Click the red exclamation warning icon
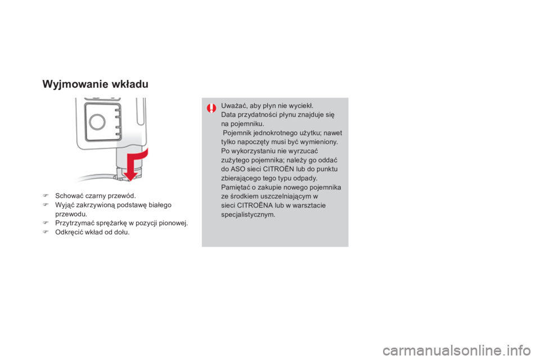click(x=211, y=107)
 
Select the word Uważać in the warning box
click(x=233, y=106)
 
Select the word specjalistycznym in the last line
click(x=248, y=214)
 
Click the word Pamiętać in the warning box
click(x=235, y=187)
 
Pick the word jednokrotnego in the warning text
click(x=272, y=133)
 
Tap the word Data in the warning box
click(x=228, y=115)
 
